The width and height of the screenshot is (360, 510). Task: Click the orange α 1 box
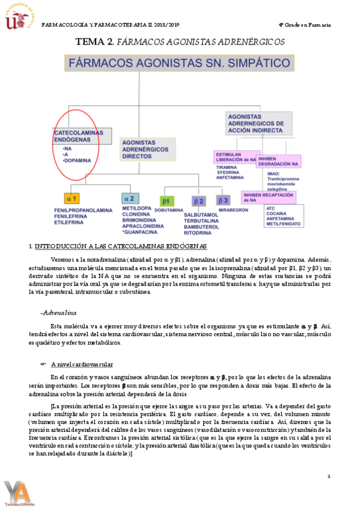point(72,198)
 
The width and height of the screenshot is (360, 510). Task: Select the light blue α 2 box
point(129,198)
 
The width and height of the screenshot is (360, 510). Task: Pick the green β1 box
point(166,200)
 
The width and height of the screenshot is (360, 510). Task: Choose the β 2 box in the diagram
point(199,200)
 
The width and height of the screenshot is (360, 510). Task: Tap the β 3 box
point(223,200)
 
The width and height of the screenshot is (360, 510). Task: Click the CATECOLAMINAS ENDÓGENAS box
point(81,135)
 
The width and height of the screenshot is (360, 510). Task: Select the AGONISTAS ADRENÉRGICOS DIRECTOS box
point(147,149)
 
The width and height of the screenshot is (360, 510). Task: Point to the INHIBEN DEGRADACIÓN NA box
point(279,161)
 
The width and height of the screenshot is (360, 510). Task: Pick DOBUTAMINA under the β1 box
point(168,210)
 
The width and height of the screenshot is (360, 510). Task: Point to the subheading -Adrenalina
point(58,313)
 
